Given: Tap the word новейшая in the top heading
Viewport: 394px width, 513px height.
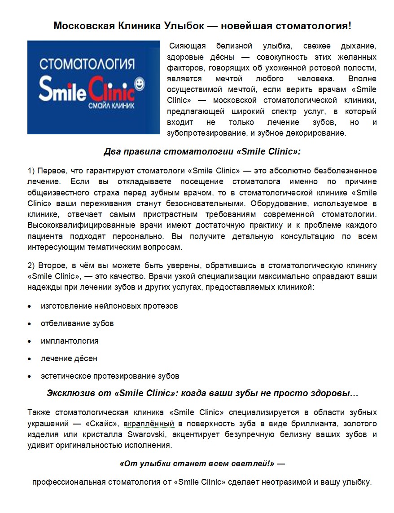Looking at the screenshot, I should pos(247,26).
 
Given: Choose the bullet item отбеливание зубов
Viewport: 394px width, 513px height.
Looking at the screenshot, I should pos(77,323).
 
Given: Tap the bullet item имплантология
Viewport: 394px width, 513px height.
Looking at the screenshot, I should pos(70,341).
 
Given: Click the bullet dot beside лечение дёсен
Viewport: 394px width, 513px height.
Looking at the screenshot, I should pos(30,359).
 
